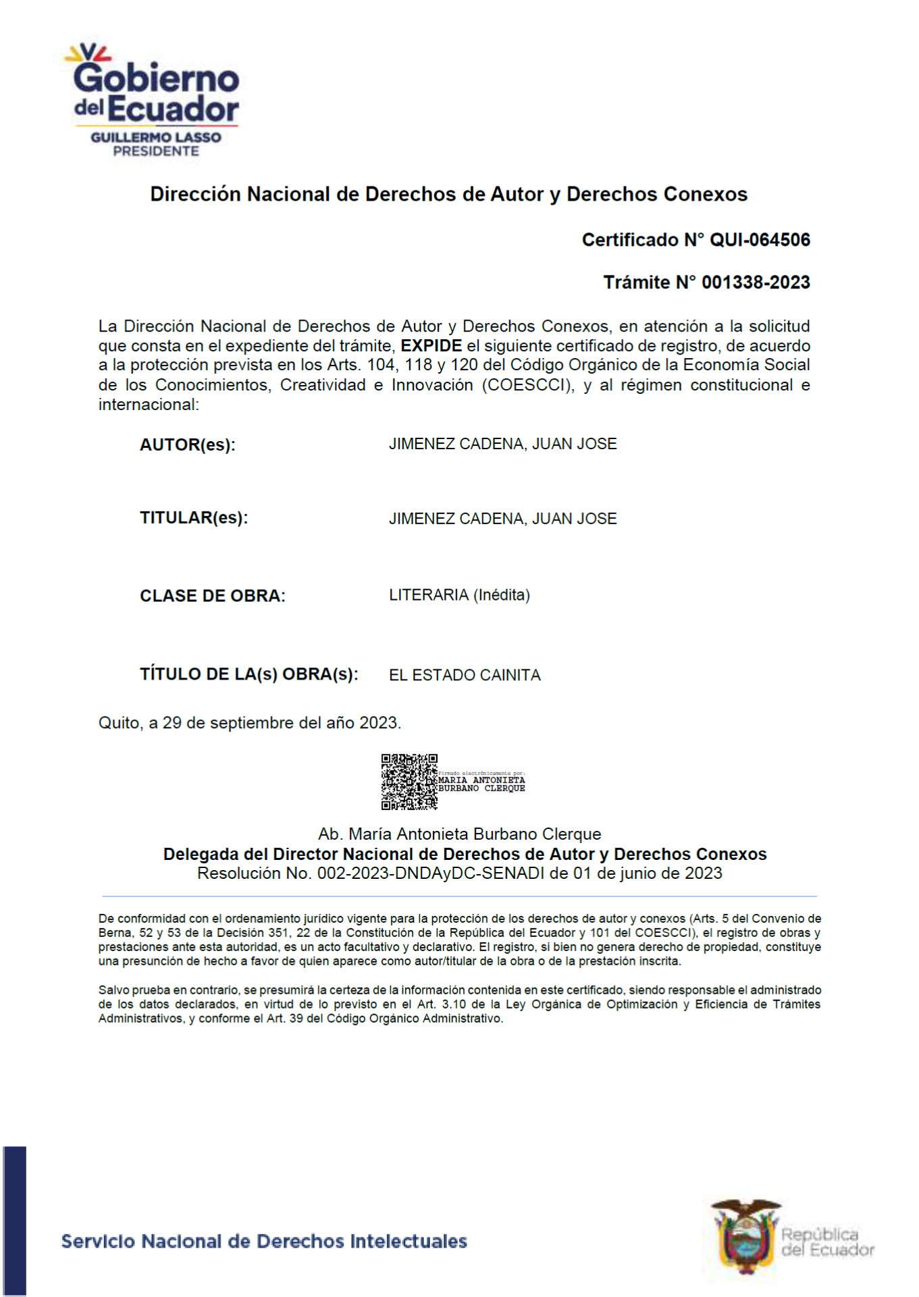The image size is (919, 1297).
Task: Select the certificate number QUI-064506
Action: [760, 240]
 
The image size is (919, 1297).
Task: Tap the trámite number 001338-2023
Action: [756, 282]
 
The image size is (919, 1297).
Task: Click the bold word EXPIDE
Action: [431, 346]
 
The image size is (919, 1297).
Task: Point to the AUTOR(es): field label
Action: [187, 445]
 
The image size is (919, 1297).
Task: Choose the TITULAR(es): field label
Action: [194, 518]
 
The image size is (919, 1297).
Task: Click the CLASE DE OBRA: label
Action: [212, 596]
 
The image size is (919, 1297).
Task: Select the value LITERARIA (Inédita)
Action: [459, 595]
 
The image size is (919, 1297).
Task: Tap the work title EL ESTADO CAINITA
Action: [465, 676]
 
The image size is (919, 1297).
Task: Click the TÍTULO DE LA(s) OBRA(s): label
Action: [248, 674]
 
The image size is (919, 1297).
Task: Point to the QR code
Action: [409, 782]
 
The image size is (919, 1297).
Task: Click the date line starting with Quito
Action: [250, 723]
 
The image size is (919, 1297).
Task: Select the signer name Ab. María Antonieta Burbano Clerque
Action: [459, 834]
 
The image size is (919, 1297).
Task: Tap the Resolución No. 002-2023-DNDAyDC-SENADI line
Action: [459, 873]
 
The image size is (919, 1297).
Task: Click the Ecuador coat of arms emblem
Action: [745, 1236]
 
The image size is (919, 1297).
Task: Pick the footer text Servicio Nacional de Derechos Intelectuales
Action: [264, 1242]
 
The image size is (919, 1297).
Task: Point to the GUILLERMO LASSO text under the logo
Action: [156, 138]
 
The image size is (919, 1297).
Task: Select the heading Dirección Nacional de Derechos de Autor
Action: [448, 195]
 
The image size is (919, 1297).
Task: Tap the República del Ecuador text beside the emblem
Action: [827, 1242]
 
